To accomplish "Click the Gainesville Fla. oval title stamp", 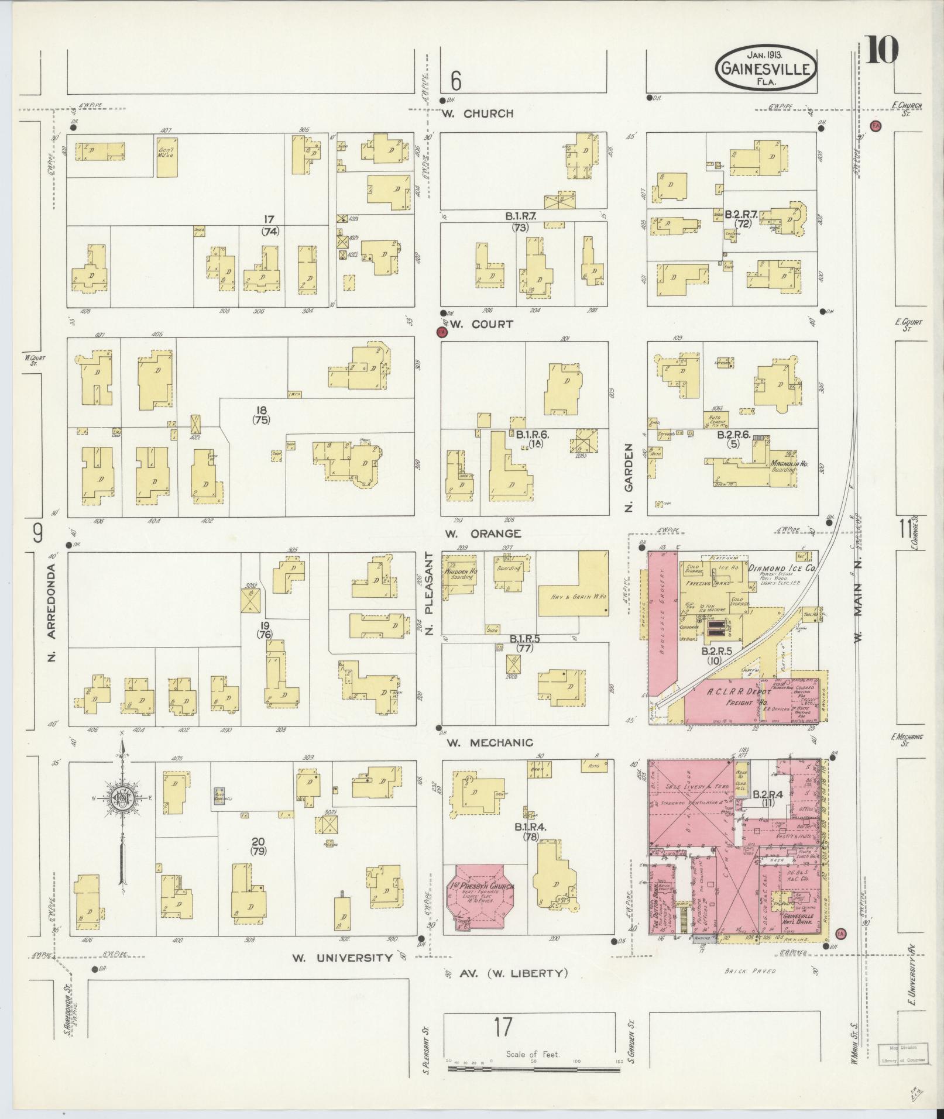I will tap(765, 68).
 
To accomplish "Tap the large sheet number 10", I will tap(881, 50).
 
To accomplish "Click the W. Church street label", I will tap(478, 113).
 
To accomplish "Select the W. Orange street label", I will tap(483, 533).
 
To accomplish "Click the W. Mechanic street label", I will tap(490, 742).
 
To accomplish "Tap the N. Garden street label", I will tap(629, 476).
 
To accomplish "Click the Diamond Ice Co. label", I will tap(785, 568).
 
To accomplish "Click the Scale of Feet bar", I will tap(534, 1068).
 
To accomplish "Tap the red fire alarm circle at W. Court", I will tap(442, 332).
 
